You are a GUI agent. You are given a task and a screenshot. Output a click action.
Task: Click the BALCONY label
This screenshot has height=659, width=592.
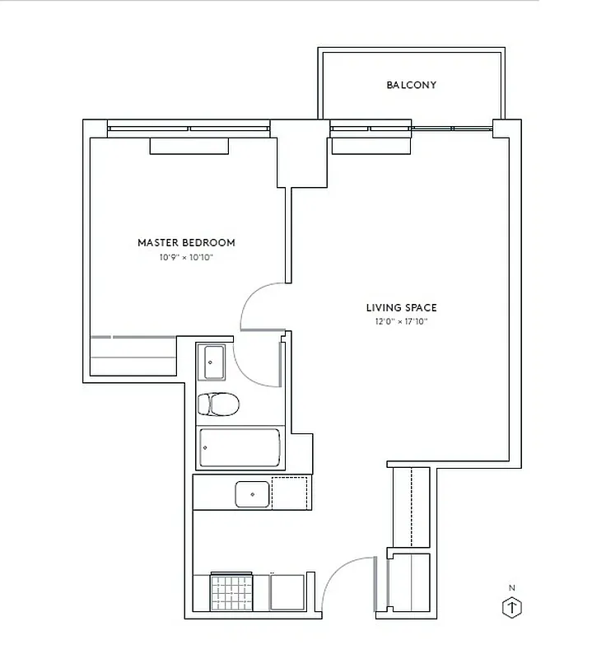pyautogui.click(x=411, y=85)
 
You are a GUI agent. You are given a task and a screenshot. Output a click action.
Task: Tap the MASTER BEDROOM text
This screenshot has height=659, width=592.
pyautogui.click(x=186, y=242)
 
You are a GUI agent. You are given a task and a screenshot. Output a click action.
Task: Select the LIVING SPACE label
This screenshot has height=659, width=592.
pyautogui.click(x=401, y=308)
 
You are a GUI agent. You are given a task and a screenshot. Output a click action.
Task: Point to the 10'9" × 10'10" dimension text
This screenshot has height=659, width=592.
pyautogui.click(x=186, y=258)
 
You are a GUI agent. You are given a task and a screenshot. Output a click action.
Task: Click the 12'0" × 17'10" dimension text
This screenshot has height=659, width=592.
pyautogui.click(x=401, y=322)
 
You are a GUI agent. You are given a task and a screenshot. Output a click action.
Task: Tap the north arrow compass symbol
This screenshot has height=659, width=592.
pyautogui.click(x=512, y=608)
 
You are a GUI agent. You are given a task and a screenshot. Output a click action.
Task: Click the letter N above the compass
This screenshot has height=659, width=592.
pyautogui.click(x=512, y=587)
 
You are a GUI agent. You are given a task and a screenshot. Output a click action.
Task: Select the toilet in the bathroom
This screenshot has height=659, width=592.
pyautogui.click(x=218, y=404)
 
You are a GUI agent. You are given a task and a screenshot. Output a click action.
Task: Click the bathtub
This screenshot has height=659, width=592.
pyautogui.click(x=239, y=448)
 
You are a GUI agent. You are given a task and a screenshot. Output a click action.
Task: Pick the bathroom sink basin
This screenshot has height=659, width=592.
pyautogui.click(x=214, y=358)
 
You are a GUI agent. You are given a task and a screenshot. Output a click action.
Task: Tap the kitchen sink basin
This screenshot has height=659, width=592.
pyautogui.click(x=252, y=493)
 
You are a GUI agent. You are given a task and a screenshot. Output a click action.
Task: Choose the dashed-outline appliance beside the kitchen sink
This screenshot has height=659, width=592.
pyautogui.click(x=291, y=493)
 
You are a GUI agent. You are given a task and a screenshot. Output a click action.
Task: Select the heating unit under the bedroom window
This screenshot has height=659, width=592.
pyautogui.click(x=189, y=146)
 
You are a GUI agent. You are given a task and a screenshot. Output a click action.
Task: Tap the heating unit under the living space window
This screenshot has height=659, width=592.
pyautogui.click(x=370, y=146)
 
